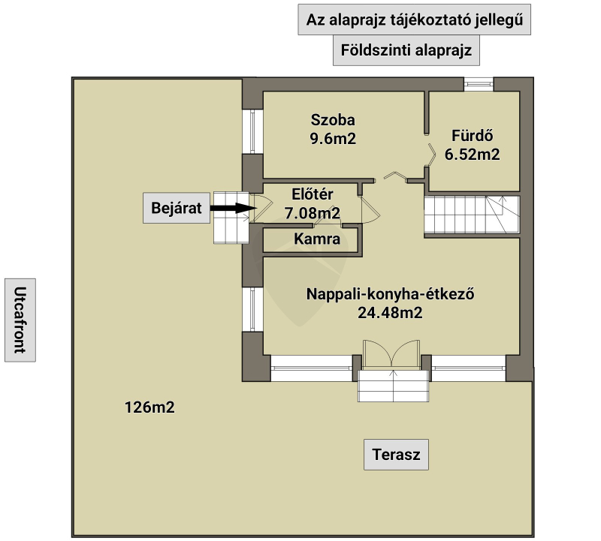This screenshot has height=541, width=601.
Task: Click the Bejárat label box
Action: coord(177,209)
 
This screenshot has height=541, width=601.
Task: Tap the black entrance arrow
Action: coord(232,209)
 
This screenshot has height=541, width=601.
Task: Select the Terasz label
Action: coord(396,454)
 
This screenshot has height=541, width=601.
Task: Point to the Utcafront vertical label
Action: coord(20,320)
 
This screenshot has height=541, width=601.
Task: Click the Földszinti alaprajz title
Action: coord(406,51)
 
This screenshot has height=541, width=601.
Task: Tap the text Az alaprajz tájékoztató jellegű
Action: coord(415,20)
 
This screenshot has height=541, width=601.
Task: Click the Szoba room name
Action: coord(332,120)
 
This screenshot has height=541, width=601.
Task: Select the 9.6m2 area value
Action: coord(332,138)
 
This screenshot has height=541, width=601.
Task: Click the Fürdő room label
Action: coord(472,137)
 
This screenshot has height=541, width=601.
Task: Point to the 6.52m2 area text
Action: coord(472,155)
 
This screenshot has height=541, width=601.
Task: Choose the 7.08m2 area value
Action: coord(311,214)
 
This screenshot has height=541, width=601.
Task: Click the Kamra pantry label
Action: coord(317,240)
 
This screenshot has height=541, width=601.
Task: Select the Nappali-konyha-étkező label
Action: coord(391,294)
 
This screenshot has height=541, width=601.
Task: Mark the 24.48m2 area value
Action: coord(391,313)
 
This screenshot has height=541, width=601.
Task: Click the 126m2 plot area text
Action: coord(149,408)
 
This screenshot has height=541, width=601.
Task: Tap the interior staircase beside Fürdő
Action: coord(472,214)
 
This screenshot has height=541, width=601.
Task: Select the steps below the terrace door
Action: coord(391,385)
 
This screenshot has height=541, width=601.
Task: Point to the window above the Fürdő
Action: coord(478,83)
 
